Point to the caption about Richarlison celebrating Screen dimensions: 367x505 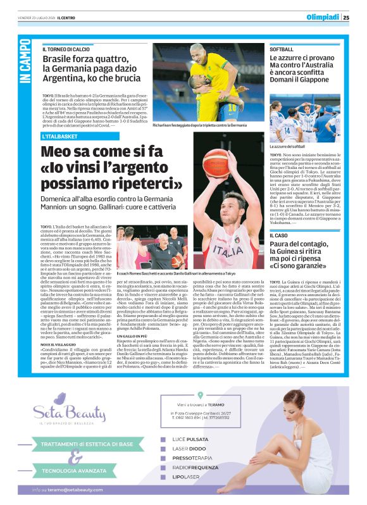coord(199,125)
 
